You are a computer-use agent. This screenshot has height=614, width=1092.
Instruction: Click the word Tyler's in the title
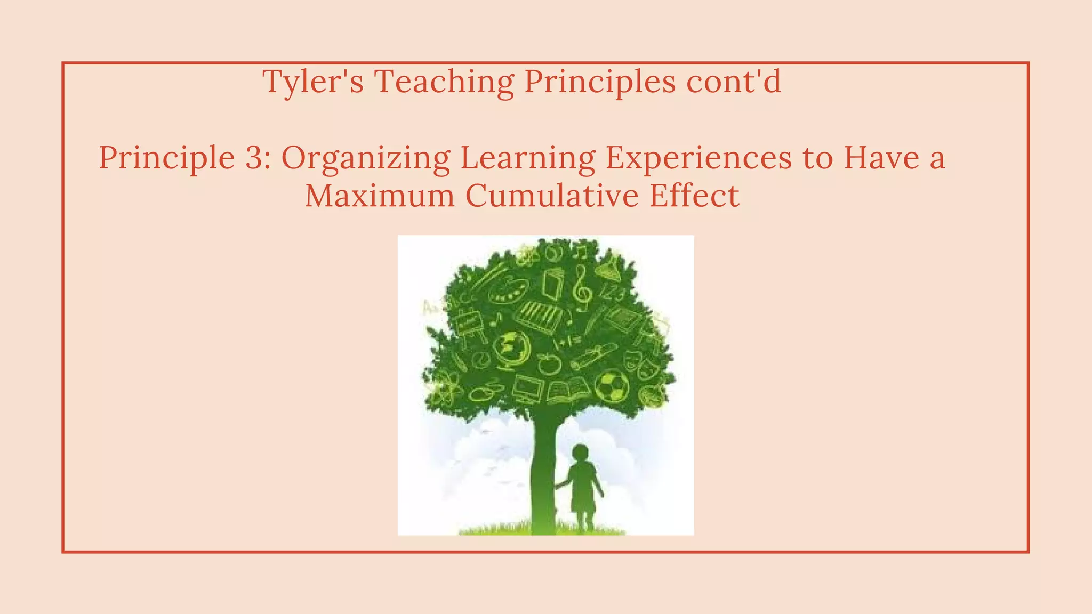pyautogui.click(x=313, y=82)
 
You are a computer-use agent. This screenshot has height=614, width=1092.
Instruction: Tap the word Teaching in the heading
pyautogui.click(x=444, y=82)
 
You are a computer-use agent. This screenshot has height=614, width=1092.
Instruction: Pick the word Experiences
pyautogui.click(x=698, y=159)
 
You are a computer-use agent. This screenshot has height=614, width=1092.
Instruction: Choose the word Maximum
pyautogui.click(x=380, y=196)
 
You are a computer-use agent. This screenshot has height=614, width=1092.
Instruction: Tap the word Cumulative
pyautogui.click(x=552, y=196)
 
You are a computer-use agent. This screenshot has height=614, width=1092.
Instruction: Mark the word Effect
pyautogui.click(x=694, y=196)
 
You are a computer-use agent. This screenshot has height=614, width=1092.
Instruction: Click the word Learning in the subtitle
pyautogui.click(x=528, y=159)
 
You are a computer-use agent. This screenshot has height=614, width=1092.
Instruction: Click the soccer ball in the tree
pyautogui.click(x=611, y=386)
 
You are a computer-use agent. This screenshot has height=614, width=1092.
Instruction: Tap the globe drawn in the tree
pyautogui.click(x=511, y=349)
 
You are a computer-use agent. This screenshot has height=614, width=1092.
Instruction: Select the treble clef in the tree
pyautogui.click(x=581, y=288)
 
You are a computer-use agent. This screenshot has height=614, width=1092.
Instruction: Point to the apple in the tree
pyautogui.click(x=549, y=363)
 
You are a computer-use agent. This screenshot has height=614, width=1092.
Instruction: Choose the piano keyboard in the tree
pyautogui.click(x=540, y=317)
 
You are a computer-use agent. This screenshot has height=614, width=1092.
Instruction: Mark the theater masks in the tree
pyautogui.click(x=640, y=362)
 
